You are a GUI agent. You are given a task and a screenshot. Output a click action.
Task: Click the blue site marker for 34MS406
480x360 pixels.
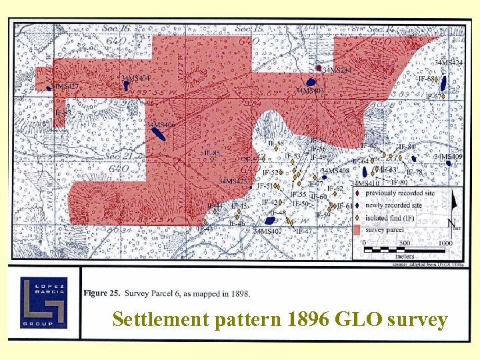(160, 133)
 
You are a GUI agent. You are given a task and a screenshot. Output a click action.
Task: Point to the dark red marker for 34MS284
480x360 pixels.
(319, 69)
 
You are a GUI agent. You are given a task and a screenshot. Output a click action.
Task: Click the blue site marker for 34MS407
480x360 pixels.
(270, 221)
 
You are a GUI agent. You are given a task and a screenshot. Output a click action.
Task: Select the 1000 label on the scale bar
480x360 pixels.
(445, 243)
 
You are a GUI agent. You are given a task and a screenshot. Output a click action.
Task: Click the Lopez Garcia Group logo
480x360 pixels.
(43, 302)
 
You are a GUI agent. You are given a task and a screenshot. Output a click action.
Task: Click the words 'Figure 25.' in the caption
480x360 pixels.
(103, 293)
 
